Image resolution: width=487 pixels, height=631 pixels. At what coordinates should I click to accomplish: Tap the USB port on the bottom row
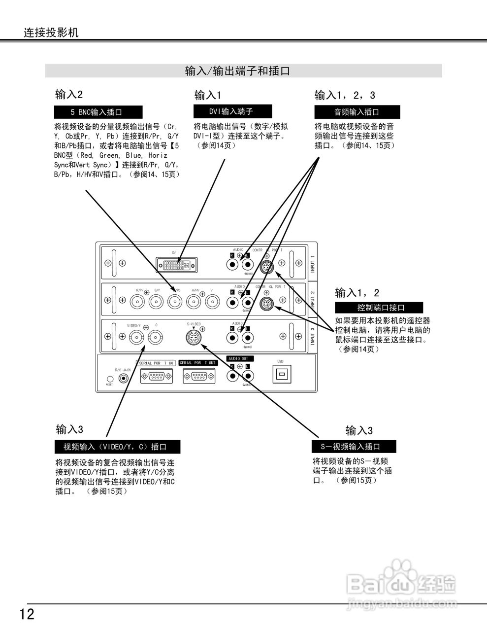(281, 375)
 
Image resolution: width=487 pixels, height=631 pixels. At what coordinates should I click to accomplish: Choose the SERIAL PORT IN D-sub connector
(157, 377)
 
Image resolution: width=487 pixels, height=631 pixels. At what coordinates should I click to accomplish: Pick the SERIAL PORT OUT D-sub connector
(199, 377)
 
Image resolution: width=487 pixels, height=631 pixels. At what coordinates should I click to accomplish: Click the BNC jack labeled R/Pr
(137, 302)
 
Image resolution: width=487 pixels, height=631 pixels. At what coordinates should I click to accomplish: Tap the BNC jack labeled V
(212, 302)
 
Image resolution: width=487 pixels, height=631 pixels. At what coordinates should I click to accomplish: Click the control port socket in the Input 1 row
(267, 267)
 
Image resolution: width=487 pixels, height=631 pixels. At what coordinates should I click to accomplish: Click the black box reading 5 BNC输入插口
(98, 112)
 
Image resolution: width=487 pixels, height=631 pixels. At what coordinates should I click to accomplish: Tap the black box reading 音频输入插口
(357, 112)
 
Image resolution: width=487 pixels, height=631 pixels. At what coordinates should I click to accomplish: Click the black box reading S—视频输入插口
(354, 447)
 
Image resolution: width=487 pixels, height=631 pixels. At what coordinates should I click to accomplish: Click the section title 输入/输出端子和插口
(237, 71)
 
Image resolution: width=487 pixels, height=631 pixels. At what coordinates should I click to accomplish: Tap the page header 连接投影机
(51, 33)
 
